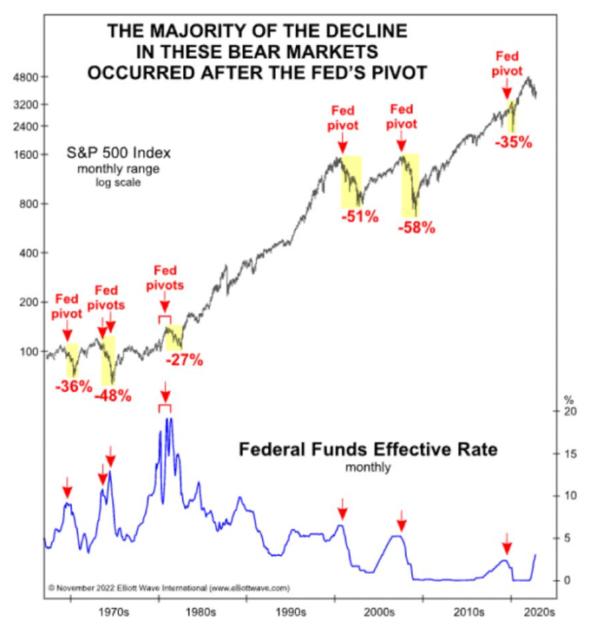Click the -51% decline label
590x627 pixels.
tap(360, 217)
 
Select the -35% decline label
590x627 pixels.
tap(513, 142)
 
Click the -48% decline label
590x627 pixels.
tap(113, 395)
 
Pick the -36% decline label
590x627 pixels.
tap(73, 387)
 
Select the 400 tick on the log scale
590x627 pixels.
tap(29, 254)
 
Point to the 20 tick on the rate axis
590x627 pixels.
tap(569, 412)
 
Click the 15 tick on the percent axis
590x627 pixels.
tap(569, 454)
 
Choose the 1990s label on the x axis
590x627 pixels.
tap(291, 611)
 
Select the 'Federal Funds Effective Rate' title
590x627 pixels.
tap(367, 452)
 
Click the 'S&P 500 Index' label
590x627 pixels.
tap(119, 153)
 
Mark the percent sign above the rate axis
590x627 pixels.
tap(569, 399)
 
